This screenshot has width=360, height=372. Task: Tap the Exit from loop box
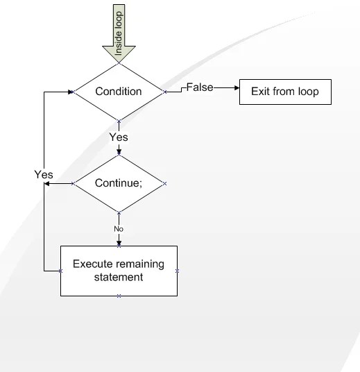(285, 92)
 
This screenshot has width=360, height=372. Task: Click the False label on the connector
(200, 87)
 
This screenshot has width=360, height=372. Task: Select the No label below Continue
(119, 228)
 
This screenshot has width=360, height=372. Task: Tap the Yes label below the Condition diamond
(119, 137)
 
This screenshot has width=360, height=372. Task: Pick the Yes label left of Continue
(44, 175)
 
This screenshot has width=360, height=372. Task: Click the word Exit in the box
(259, 92)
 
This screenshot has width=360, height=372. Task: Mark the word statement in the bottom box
(119, 277)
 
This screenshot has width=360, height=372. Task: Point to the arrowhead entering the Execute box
(119, 243)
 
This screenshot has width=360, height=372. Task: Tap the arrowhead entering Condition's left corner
(71, 91)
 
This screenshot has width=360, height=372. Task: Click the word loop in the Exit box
(307, 92)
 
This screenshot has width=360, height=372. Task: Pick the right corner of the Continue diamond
(164, 184)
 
